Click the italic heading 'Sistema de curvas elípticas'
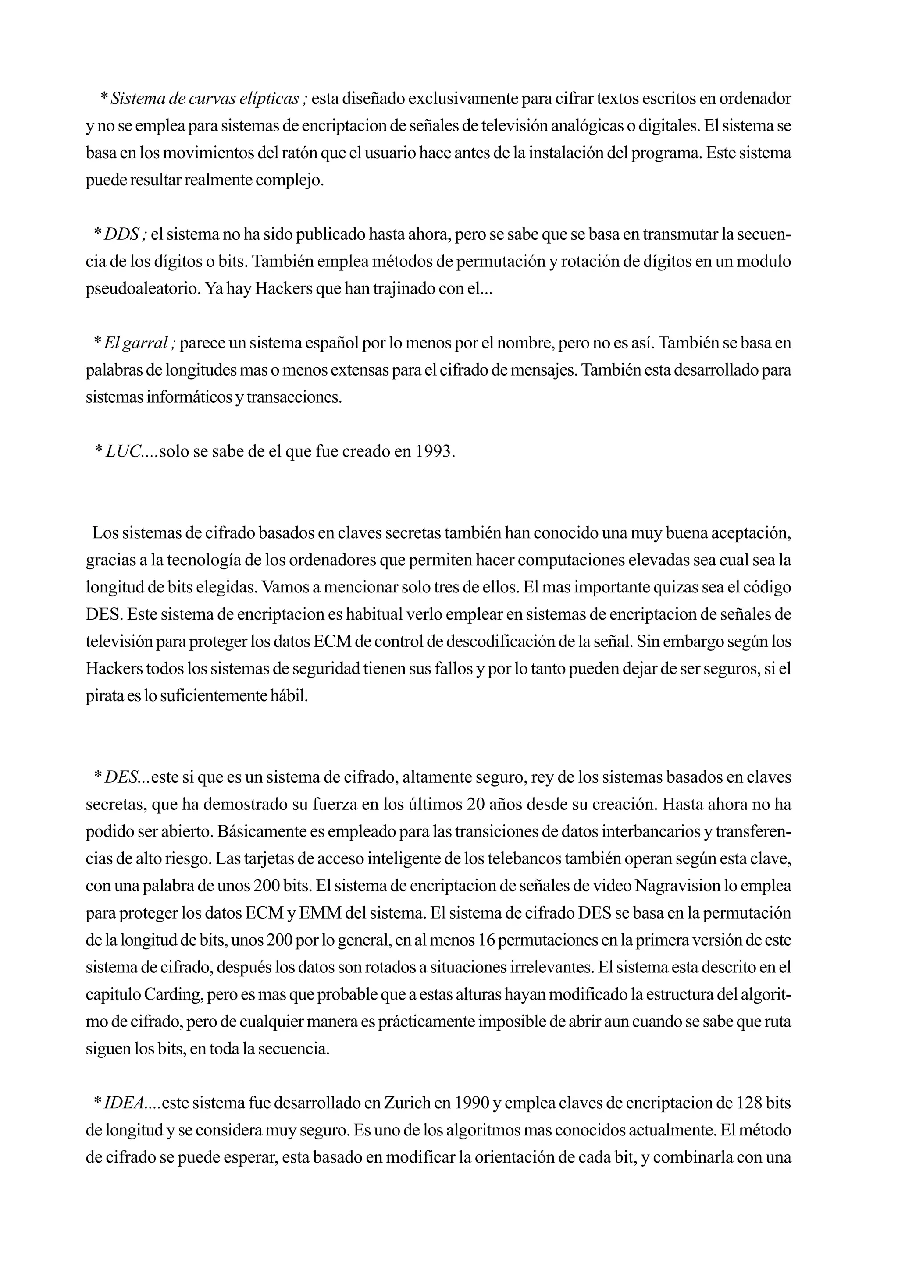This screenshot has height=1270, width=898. pyautogui.click(x=205, y=99)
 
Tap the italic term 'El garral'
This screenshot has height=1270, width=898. pyautogui.click(x=135, y=343)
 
